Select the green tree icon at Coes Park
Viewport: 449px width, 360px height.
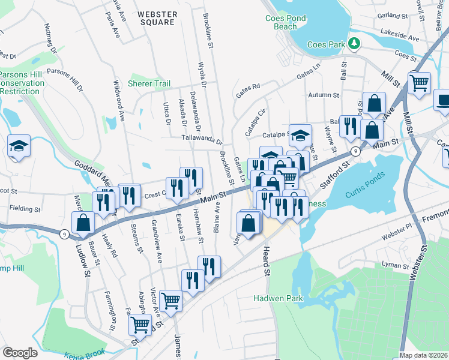click(x=355, y=43)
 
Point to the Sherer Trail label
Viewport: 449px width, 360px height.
click(x=149, y=83)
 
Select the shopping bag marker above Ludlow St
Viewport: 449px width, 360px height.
click(x=82, y=223)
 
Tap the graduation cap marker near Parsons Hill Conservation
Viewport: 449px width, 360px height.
click(x=19, y=146)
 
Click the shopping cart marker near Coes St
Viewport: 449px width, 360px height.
click(x=419, y=82)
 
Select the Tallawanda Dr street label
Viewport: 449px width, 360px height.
click(x=202, y=140)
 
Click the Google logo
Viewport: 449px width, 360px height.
click(x=20, y=353)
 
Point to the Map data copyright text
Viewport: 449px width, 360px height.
click(x=423, y=356)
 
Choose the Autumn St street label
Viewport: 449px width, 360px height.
click(x=324, y=95)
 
